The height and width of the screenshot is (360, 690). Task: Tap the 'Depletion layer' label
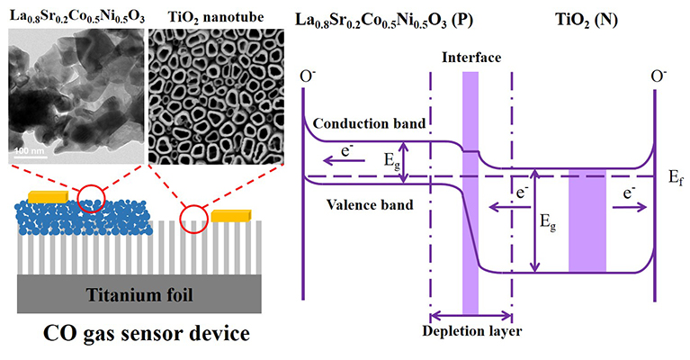[x=470, y=329]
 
